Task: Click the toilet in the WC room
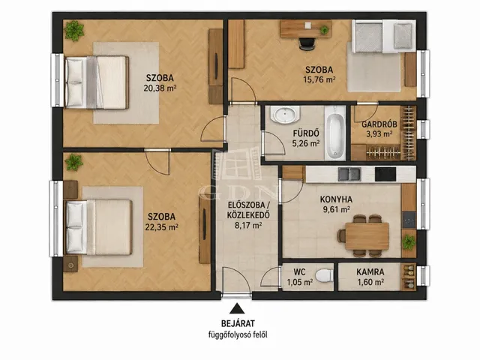tap(325, 275)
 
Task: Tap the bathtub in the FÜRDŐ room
tap(335, 133)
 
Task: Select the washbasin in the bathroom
tap(285, 115)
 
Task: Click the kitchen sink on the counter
tap(349, 174)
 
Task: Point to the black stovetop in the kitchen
tap(385, 174)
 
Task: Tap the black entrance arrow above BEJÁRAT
tap(237, 308)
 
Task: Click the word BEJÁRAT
tap(238, 323)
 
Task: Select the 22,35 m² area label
tap(162, 227)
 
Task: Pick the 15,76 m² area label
tap(319, 79)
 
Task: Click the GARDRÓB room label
tap(379, 124)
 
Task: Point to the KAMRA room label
tap(370, 271)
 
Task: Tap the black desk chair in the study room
tap(307, 43)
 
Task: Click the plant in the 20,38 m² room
tap(74, 31)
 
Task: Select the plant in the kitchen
tap(409, 242)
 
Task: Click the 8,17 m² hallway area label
tap(248, 226)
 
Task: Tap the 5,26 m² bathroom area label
tap(306, 143)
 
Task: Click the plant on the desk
tap(324, 30)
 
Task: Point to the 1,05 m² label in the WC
tap(300, 282)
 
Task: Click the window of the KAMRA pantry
tap(423, 276)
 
